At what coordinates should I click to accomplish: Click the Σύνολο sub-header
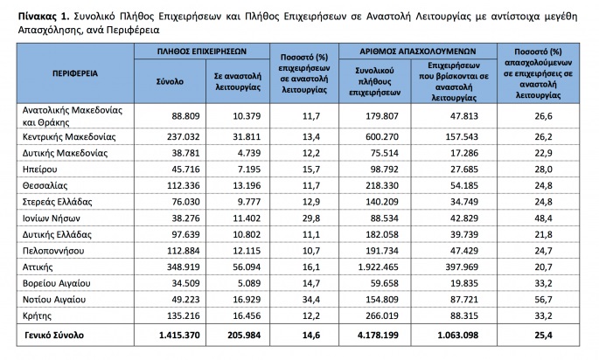[170, 80]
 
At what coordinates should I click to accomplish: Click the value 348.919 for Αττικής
[182, 265]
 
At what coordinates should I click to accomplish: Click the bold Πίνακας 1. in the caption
[31, 15]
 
